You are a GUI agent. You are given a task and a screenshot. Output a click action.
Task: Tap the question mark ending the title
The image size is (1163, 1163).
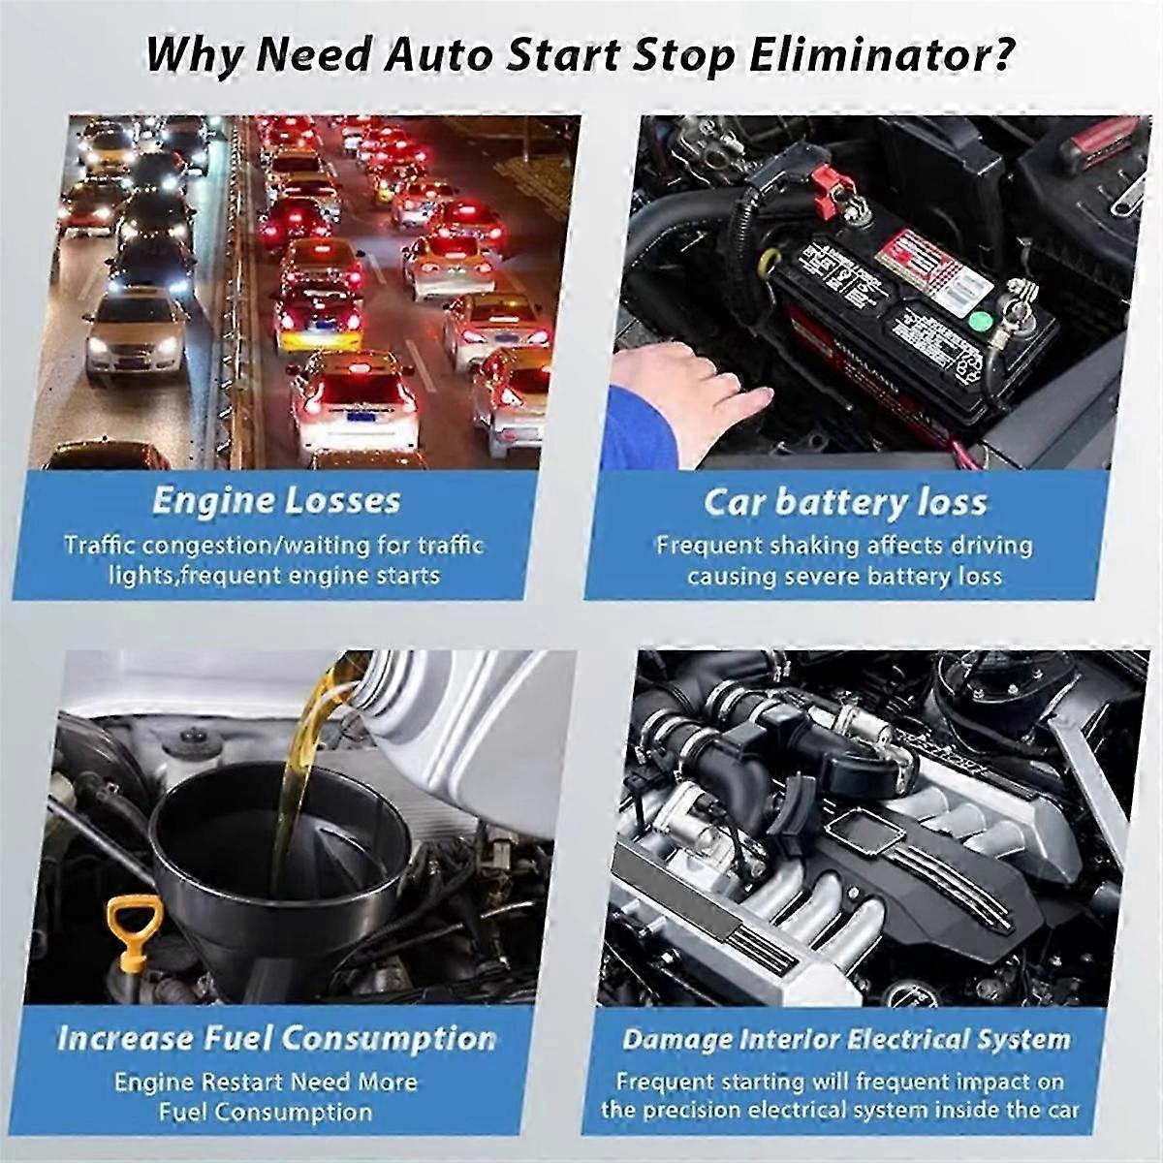[x=999, y=56]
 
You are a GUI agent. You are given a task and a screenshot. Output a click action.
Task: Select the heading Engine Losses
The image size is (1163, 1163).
[x=276, y=501]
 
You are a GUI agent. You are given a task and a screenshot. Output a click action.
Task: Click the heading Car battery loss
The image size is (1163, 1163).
[x=845, y=503]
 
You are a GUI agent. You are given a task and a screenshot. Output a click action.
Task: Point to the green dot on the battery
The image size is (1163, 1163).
[x=979, y=318]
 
